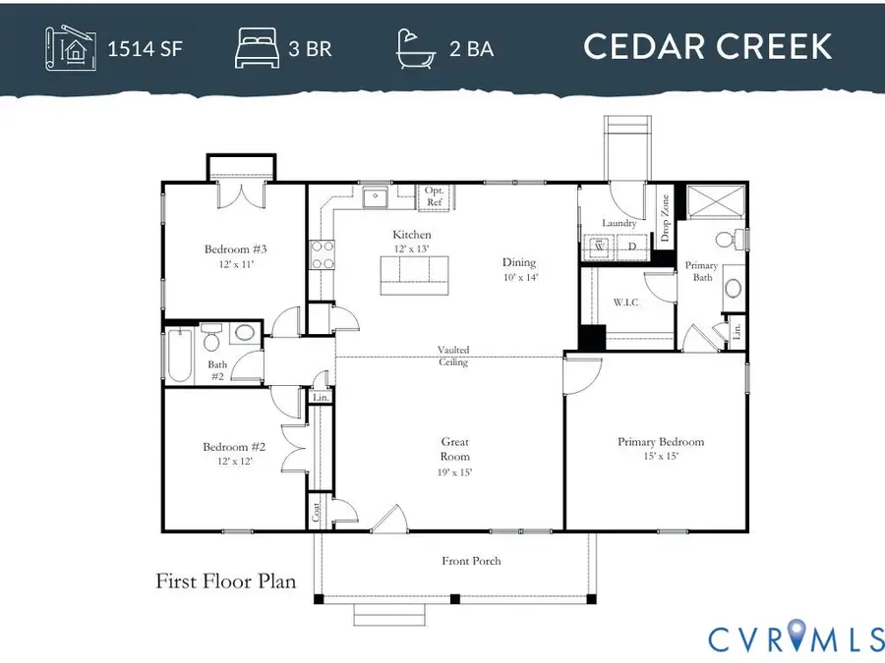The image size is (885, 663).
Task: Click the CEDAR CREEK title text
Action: pyautogui.click(x=707, y=46)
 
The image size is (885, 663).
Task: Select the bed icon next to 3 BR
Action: pyautogui.click(x=257, y=47)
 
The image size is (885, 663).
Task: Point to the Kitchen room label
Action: pyautogui.click(x=412, y=235)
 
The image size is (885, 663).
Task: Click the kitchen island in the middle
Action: pyautogui.click(x=414, y=275)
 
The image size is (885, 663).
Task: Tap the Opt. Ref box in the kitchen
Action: pyautogui.click(x=435, y=196)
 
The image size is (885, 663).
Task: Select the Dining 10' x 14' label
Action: pyautogui.click(x=519, y=269)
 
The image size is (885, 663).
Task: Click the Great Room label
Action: pyautogui.click(x=454, y=450)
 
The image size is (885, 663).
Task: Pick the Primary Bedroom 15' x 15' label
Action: pyautogui.click(x=661, y=449)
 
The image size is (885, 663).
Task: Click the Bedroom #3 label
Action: pyautogui.click(x=236, y=256)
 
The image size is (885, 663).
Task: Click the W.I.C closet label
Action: pyautogui.click(x=625, y=302)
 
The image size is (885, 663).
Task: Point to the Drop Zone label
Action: pyautogui.click(x=665, y=218)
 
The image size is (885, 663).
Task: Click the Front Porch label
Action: pyautogui.click(x=472, y=561)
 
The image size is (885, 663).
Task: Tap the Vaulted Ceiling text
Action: pyautogui.click(x=453, y=356)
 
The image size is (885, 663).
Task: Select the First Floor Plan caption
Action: pyautogui.click(x=226, y=581)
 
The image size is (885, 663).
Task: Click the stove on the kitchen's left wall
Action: pyautogui.click(x=320, y=255)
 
